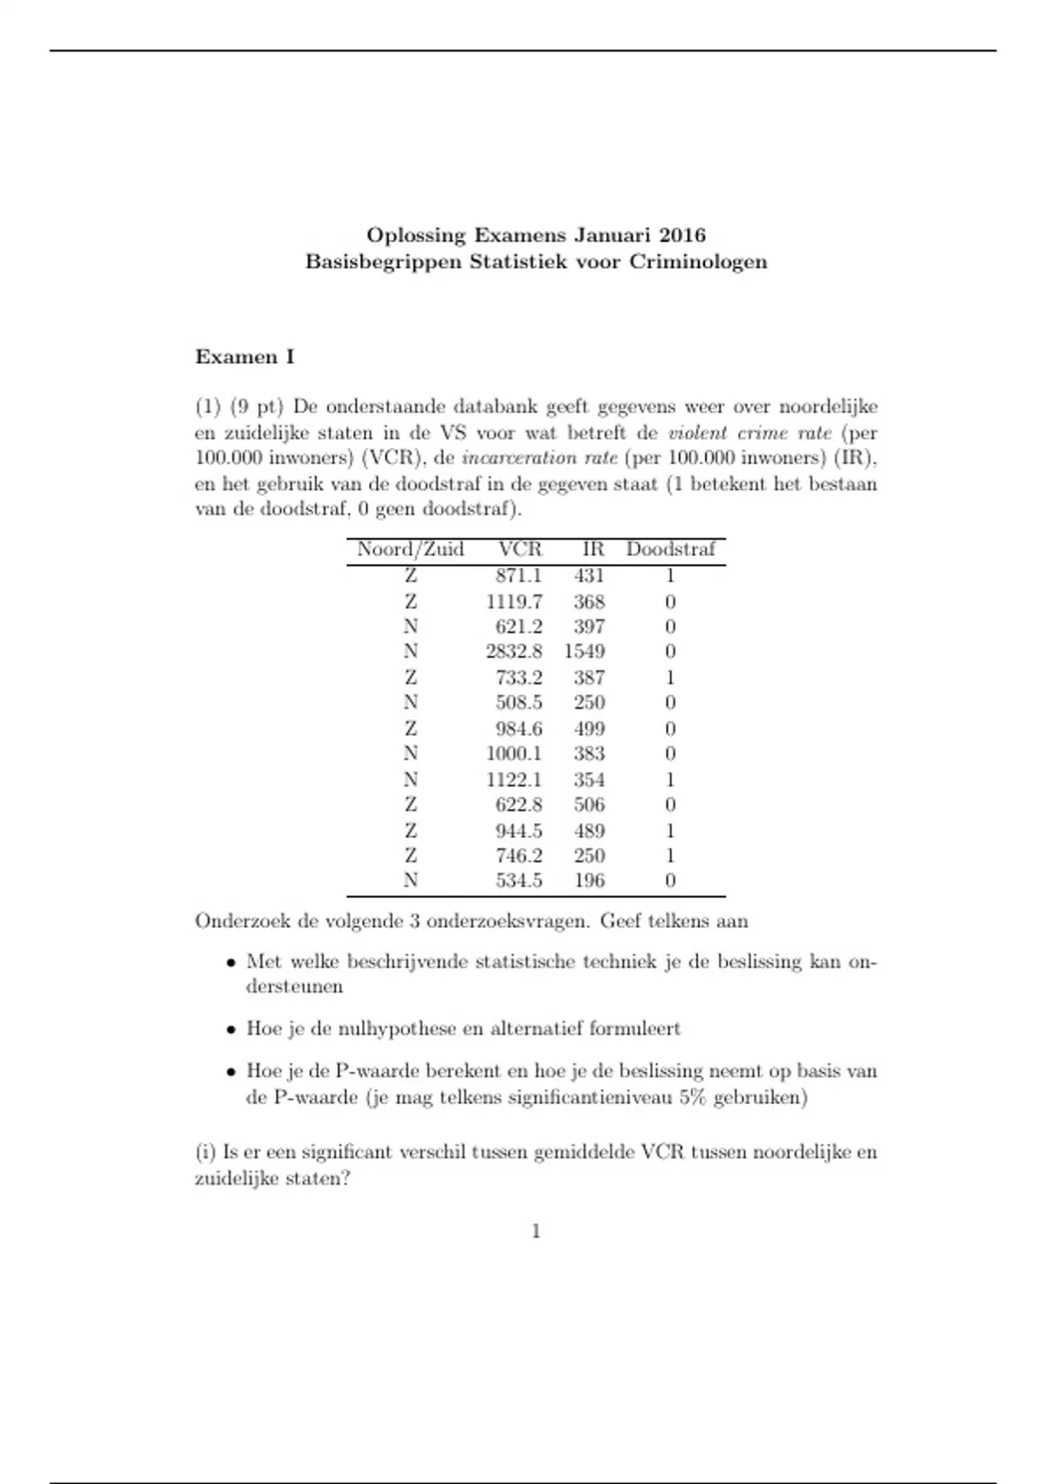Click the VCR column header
(x=520, y=550)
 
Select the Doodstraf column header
(x=670, y=550)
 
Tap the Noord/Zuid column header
(x=410, y=550)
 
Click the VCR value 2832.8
(x=514, y=652)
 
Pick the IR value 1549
(x=585, y=652)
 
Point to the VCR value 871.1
(x=518, y=576)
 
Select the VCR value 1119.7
(x=514, y=602)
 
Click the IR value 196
(x=589, y=881)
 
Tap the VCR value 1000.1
(x=514, y=754)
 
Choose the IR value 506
(x=589, y=805)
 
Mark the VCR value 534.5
(x=518, y=881)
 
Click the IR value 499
(x=589, y=729)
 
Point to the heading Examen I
(x=244, y=357)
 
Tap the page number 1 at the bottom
(x=536, y=1232)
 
